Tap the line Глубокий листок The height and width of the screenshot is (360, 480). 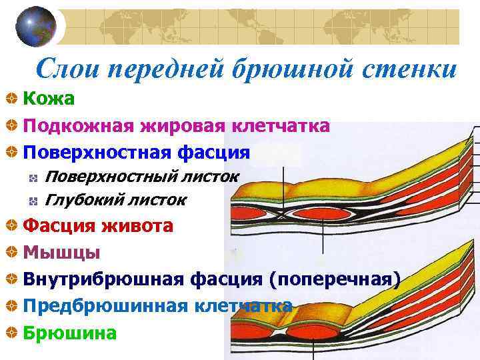[115, 199]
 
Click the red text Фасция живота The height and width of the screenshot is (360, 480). [98, 226]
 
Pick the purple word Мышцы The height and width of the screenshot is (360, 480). [61, 253]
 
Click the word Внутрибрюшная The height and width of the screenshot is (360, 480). [93, 279]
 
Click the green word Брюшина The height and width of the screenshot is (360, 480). [69, 332]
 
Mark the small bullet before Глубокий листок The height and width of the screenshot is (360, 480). [33, 200]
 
